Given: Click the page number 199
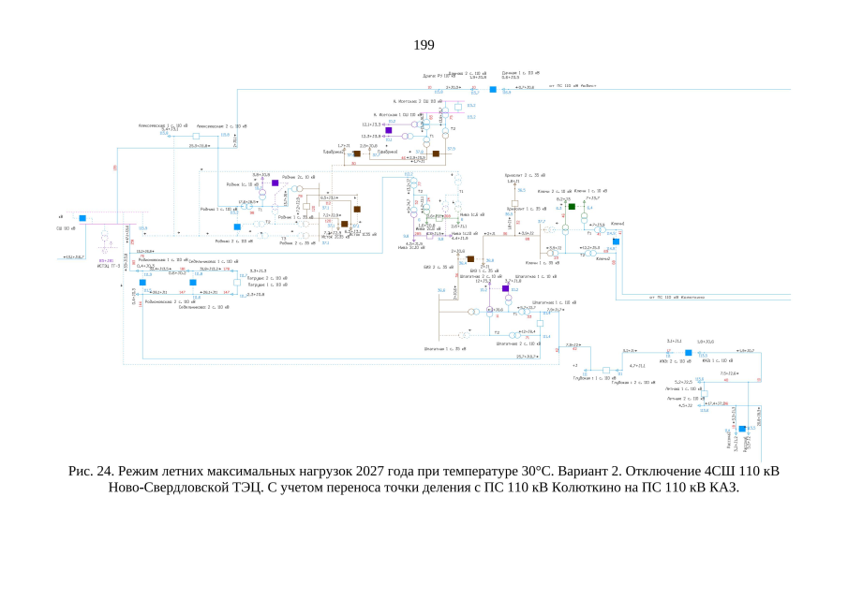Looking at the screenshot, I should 424,45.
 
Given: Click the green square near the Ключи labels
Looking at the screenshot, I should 572,206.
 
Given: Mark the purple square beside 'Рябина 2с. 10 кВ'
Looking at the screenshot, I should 275,183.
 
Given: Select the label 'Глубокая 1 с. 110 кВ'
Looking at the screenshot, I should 591,378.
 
